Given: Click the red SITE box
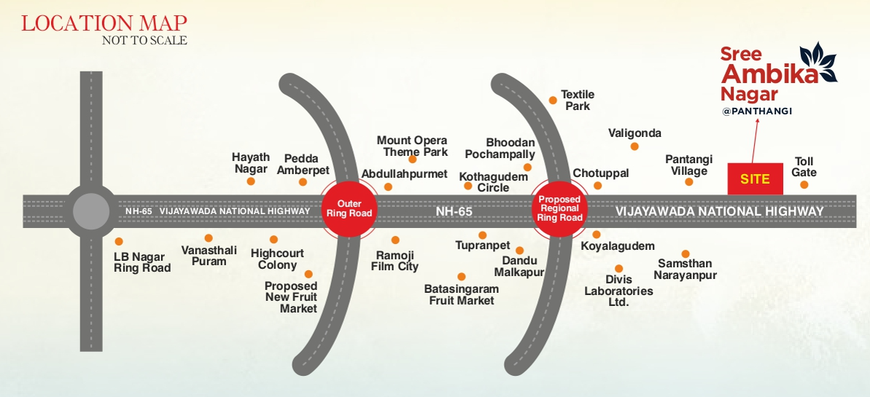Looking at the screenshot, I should coord(755,179).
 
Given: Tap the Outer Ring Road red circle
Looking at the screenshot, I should coord(349,208).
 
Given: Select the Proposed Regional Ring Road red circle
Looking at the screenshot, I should coord(560,208).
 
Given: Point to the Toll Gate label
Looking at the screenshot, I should coord(804,167).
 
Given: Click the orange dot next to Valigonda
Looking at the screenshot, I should coord(634,146).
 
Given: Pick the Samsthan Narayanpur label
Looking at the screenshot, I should coord(685,270).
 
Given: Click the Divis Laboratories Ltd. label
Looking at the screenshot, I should coord(618,291).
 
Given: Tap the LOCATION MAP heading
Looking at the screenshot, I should coord(104,23).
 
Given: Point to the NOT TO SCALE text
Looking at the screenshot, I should coord(144,41).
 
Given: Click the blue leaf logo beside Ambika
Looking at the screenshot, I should coord(818,63).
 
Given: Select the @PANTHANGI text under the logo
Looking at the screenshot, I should coord(756,111).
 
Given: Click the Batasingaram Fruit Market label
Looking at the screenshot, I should coord(461,294).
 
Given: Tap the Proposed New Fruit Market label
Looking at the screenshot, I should coord(290,297).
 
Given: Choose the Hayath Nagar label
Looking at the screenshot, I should coord(251,162).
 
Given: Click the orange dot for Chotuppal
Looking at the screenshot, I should coord(598,186).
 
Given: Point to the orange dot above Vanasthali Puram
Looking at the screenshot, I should coord(209,237).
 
